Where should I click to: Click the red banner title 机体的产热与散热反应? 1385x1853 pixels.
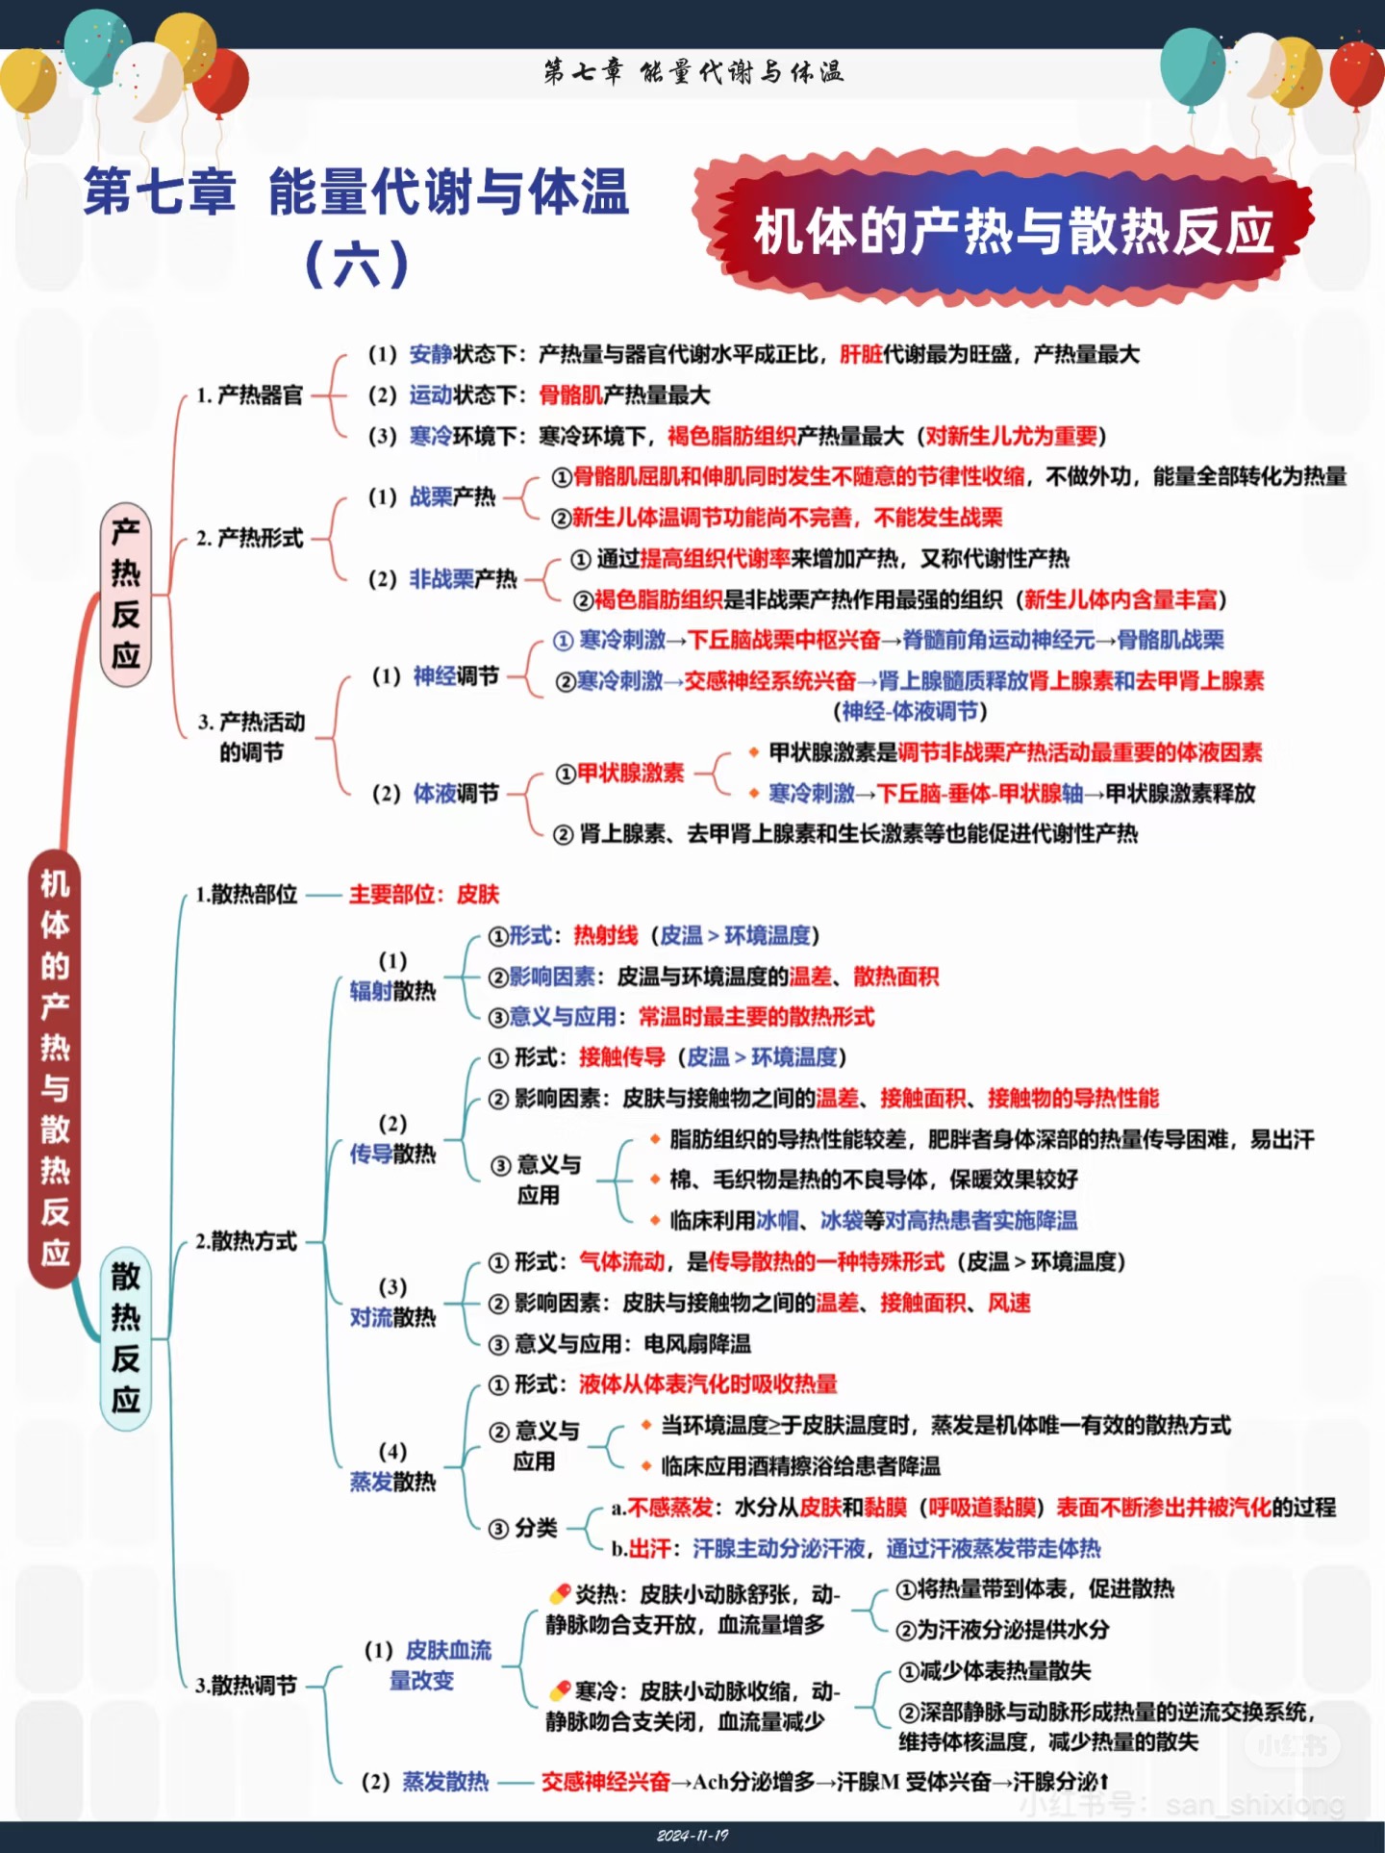click(1013, 232)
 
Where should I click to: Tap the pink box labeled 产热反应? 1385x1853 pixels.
click(126, 594)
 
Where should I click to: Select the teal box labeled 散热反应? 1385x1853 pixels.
click(126, 1338)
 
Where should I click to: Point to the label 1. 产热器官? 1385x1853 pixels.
click(250, 395)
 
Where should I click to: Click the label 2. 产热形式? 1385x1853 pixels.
click(250, 538)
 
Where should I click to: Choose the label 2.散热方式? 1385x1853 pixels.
click(246, 1241)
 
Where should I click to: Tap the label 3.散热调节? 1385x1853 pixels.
click(246, 1686)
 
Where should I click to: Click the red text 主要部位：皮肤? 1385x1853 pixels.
click(424, 895)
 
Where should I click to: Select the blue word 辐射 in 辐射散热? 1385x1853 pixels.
click(371, 991)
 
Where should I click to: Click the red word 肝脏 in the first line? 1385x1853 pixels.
click(861, 355)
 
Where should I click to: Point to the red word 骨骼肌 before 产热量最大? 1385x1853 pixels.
click(570, 395)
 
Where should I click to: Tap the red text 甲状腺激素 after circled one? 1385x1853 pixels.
click(630, 774)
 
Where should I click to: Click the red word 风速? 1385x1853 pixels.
click(1009, 1303)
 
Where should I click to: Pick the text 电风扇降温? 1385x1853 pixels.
click(697, 1344)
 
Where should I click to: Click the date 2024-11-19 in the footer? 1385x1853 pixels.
click(692, 1836)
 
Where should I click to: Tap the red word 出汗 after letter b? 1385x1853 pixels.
click(650, 1549)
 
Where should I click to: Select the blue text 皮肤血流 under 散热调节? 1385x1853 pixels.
click(448, 1651)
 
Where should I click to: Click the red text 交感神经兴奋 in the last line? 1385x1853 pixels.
click(605, 1782)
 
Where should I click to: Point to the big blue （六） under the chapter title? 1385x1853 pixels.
click(357, 263)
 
